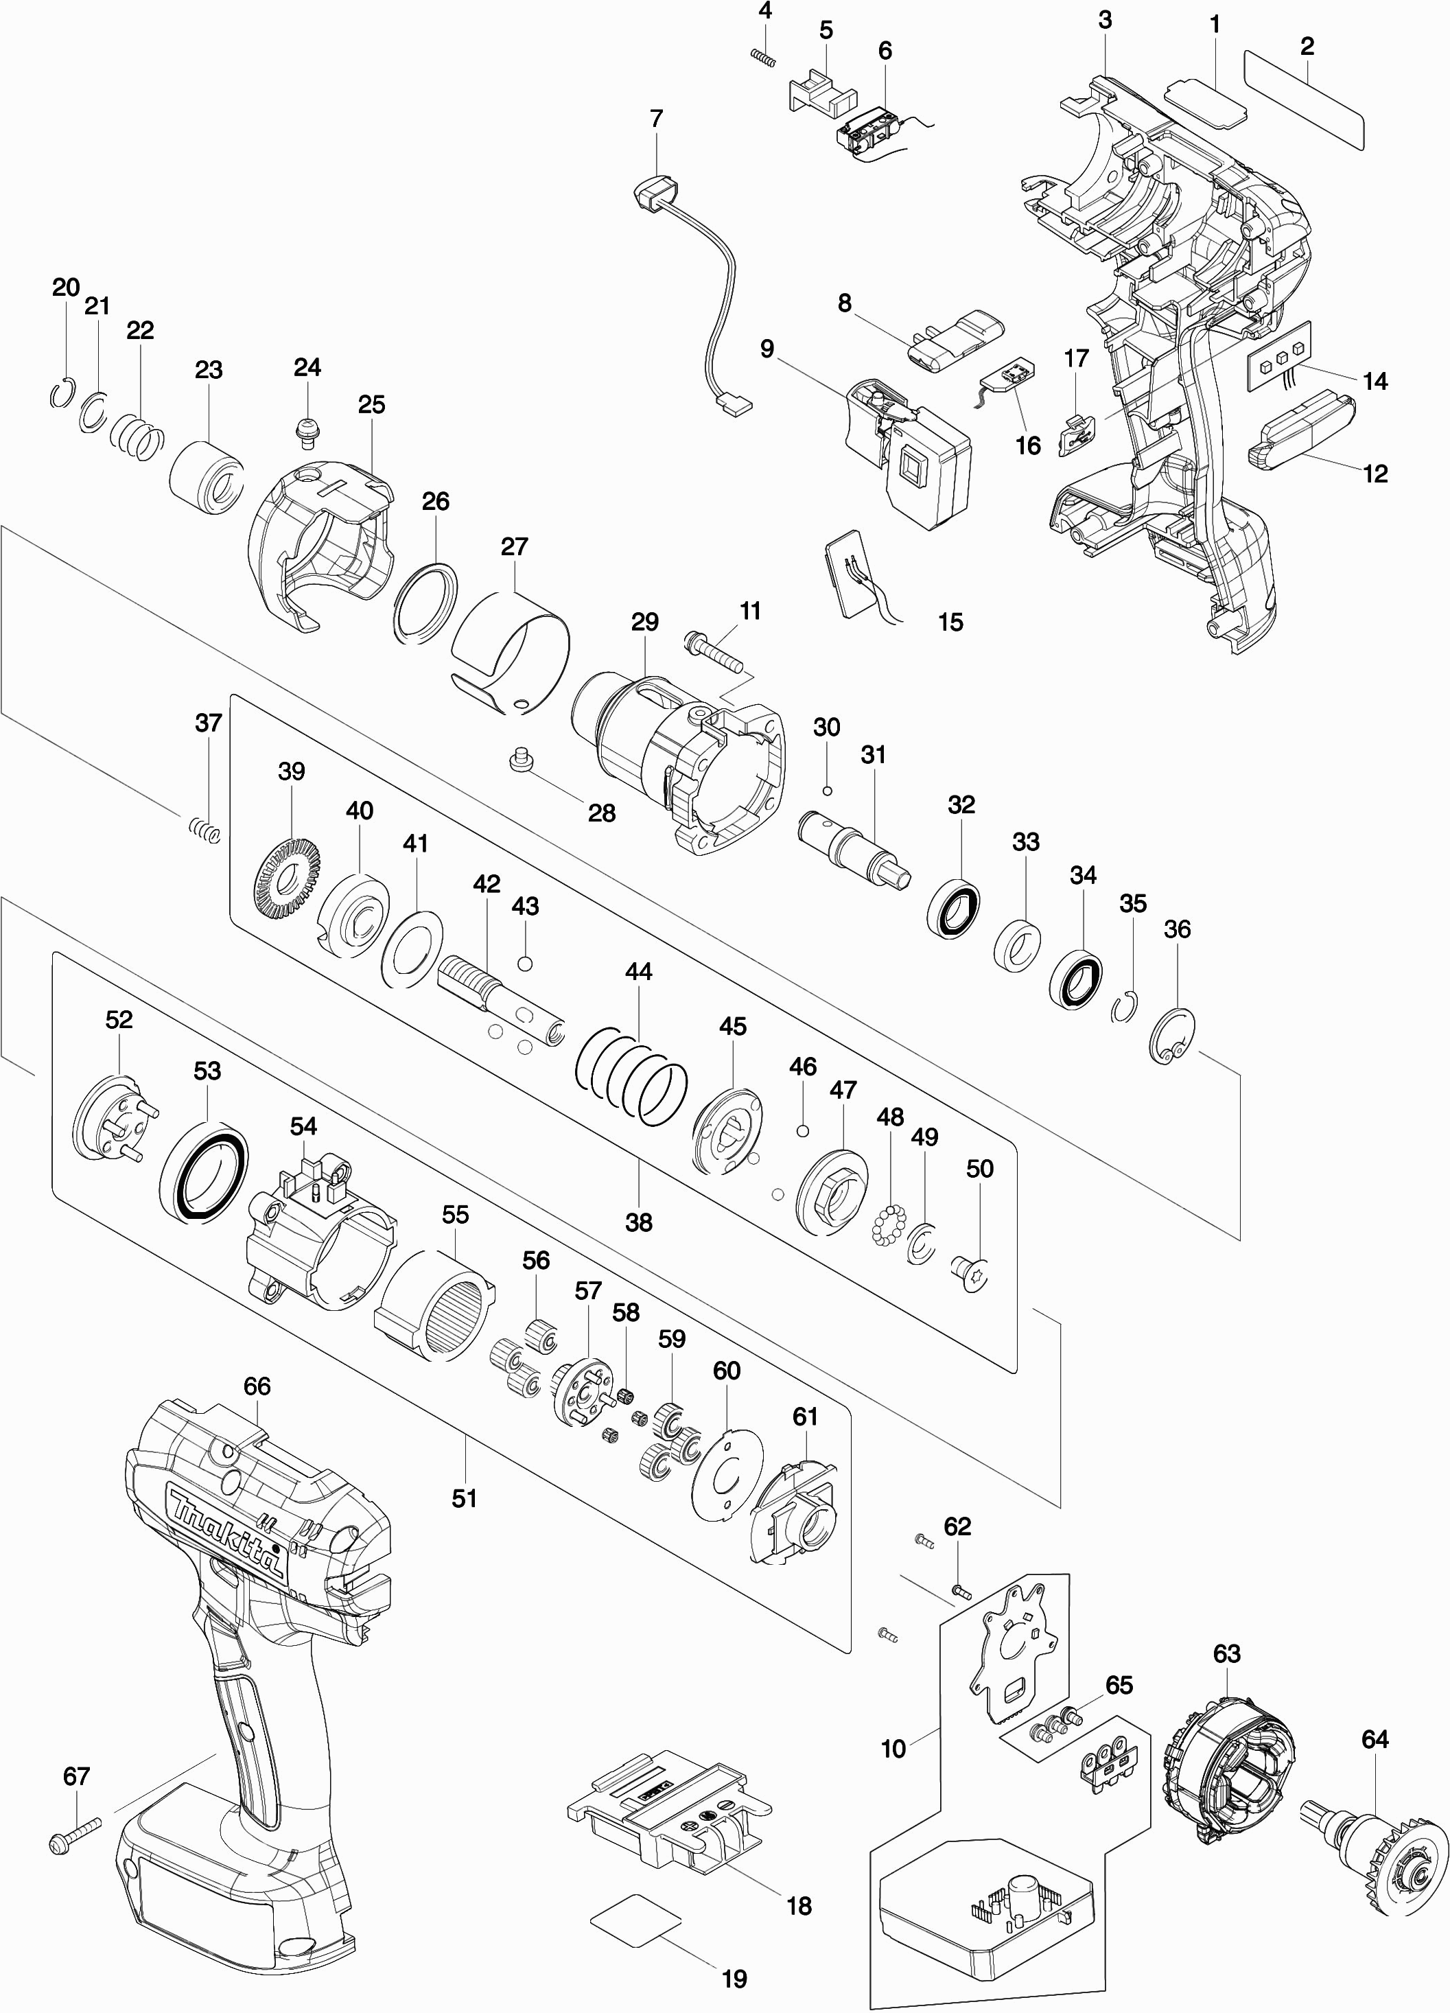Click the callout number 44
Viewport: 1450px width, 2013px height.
pyautogui.click(x=638, y=971)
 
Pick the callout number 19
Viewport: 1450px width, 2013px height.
pyautogui.click(x=734, y=1979)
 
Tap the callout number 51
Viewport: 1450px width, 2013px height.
pyautogui.click(x=464, y=1498)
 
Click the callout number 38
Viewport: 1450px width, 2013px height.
pyautogui.click(x=638, y=1222)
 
